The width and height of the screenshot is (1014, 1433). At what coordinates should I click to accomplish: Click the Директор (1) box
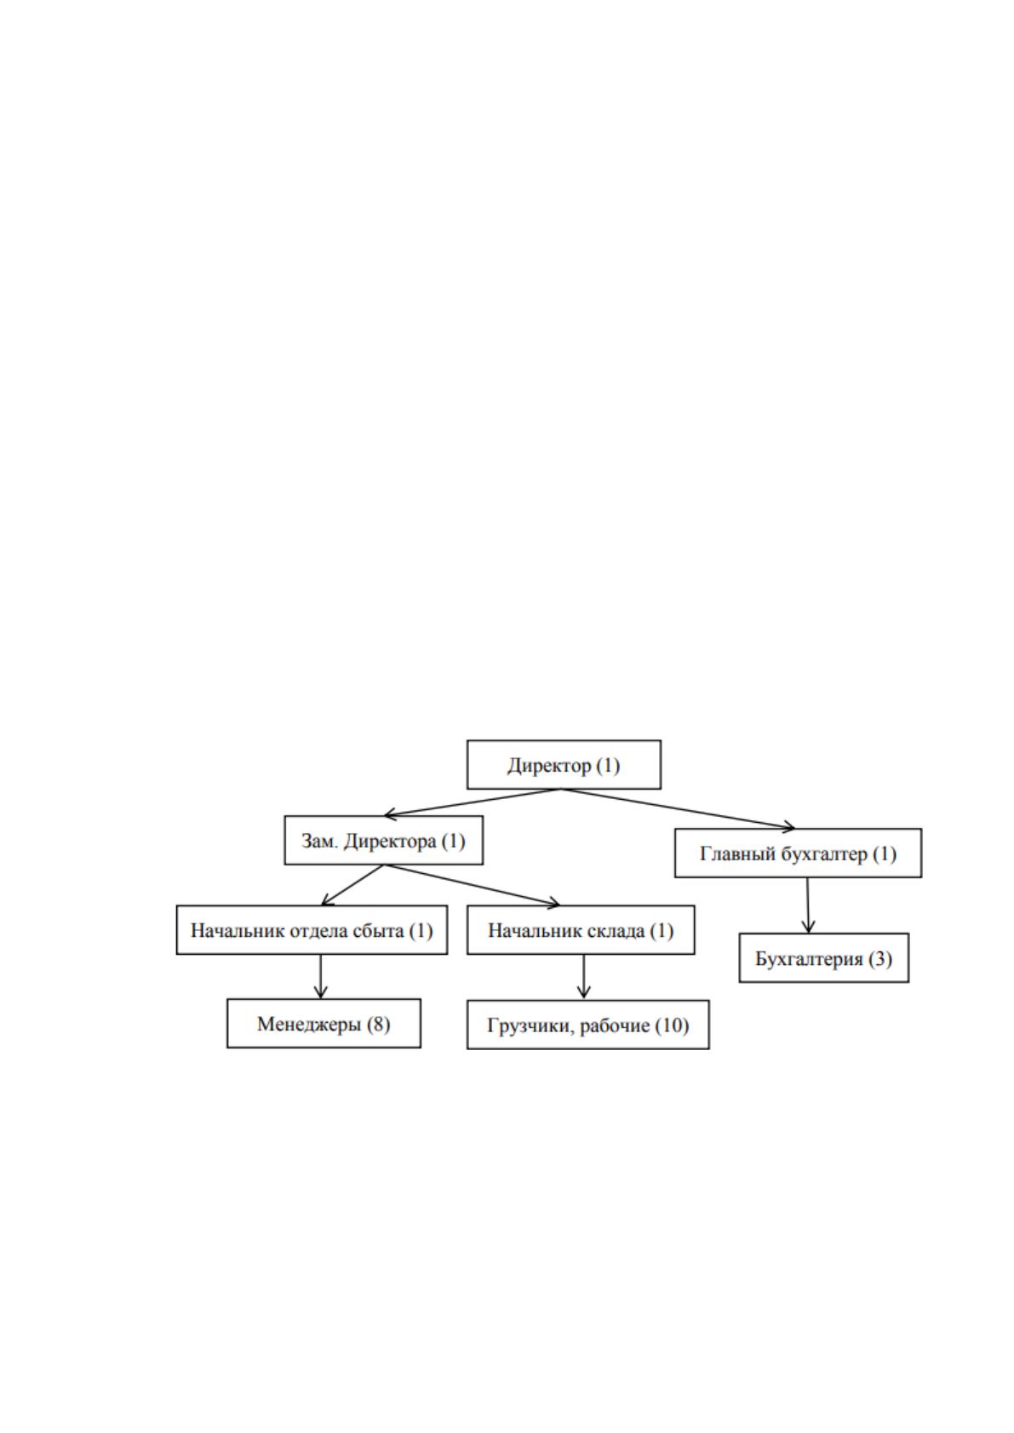tap(564, 764)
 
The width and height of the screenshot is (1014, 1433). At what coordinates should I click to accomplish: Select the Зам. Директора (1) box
tap(383, 840)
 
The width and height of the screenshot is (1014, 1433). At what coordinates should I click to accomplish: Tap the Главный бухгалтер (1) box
tap(798, 853)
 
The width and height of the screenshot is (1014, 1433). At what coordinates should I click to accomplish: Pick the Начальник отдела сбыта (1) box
tap(312, 929)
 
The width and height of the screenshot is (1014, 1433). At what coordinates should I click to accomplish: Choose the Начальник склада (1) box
tap(581, 929)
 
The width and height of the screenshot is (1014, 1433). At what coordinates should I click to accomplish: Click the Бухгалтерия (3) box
tap(824, 957)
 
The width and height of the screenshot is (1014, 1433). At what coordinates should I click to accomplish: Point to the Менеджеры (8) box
tap(324, 1023)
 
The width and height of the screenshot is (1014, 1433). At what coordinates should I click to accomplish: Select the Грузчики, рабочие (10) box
tap(587, 1025)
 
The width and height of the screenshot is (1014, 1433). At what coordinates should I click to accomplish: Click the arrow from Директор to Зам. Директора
tap(473, 802)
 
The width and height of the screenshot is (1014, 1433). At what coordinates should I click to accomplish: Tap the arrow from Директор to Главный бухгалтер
tap(678, 809)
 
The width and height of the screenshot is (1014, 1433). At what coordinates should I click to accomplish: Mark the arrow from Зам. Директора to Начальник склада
tap(472, 885)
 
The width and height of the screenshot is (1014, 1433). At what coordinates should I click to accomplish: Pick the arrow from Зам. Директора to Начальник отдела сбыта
tap(352, 885)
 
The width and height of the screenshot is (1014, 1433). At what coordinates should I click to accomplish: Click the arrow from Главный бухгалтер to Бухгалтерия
tap(808, 905)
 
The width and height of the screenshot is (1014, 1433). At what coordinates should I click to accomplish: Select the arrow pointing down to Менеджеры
tap(321, 976)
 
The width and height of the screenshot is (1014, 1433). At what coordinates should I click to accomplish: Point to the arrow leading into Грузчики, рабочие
tap(583, 977)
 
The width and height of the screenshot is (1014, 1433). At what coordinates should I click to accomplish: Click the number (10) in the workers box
tap(672, 1025)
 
